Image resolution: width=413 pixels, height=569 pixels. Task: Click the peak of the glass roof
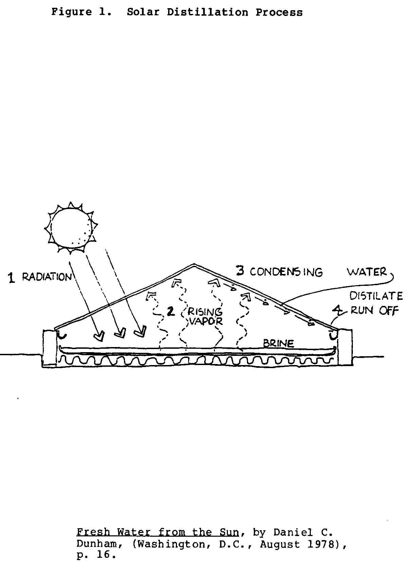click(194, 264)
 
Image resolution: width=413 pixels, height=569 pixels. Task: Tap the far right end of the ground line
click(383, 357)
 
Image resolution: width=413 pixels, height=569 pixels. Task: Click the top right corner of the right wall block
click(352, 330)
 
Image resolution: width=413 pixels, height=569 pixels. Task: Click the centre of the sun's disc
click(71, 228)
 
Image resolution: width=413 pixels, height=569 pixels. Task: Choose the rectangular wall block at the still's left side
click(50, 348)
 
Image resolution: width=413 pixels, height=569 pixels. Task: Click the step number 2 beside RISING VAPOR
click(171, 311)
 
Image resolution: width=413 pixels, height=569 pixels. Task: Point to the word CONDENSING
click(286, 272)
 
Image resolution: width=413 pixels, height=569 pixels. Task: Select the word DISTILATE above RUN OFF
click(376, 296)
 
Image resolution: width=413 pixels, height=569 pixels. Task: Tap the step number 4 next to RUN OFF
click(337, 310)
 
